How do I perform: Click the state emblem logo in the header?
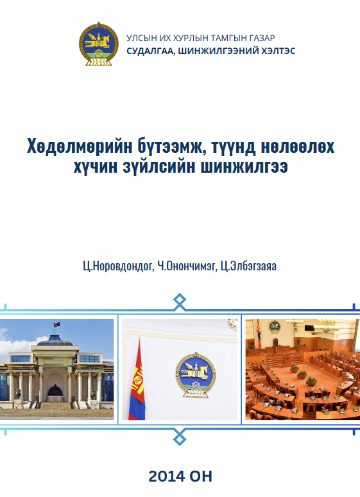[x=99, y=44]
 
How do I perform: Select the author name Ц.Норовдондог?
[x=119, y=266]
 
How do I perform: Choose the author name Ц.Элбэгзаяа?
[x=248, y=266]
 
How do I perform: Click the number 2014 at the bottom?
[x=167, y=476]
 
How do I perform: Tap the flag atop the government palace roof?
[x=56, y=324]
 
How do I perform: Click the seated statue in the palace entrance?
[x=55, y=390]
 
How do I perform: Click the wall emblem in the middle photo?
[x=196, y=374]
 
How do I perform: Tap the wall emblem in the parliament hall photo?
[x=275, y=326]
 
